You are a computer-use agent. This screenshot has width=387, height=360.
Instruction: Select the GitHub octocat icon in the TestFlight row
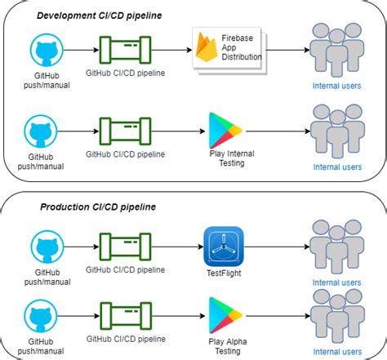(x=47, y=247)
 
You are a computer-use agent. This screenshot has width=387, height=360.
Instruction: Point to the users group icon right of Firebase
(x=336, y=49)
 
